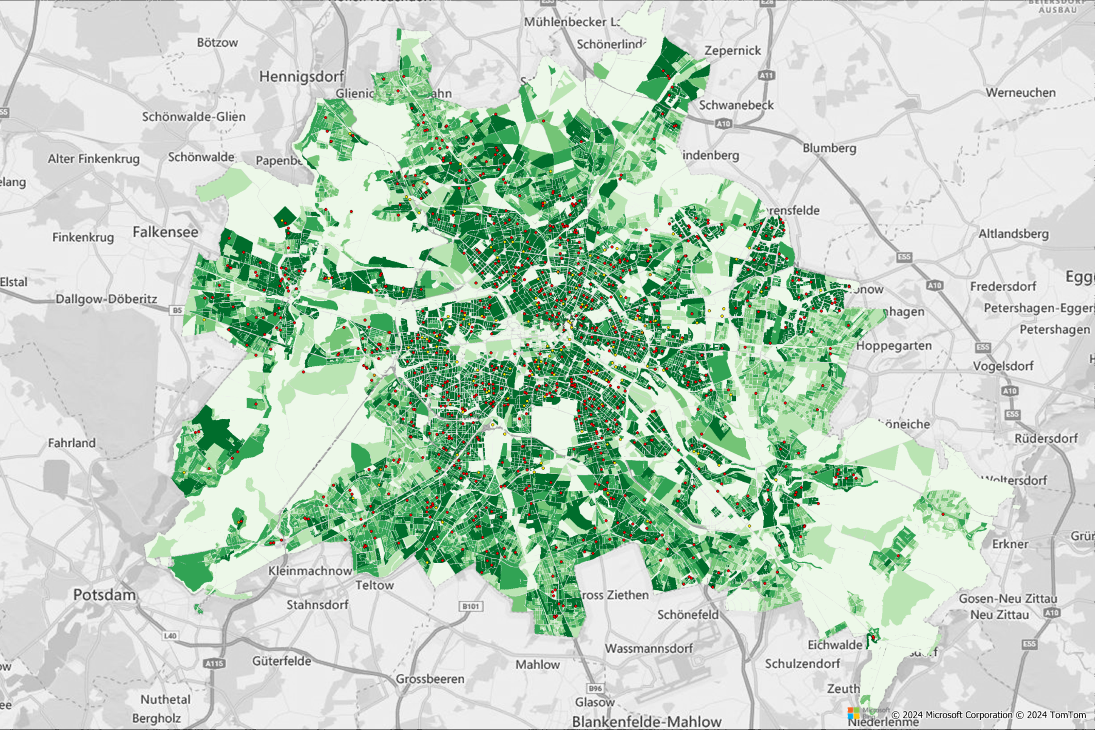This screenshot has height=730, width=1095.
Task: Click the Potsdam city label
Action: click(104, 595)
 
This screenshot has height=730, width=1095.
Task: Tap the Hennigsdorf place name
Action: click(301, 77)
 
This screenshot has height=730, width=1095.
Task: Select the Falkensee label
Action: click(165, 232)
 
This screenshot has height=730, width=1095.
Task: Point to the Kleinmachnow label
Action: click(310, 571)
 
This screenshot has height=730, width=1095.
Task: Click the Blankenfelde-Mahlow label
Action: click(646, 722)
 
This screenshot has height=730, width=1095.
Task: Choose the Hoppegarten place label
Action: click(894, 346)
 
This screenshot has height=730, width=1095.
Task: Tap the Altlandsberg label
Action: click(1013, 234)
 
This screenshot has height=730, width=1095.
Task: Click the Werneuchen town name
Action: click(1020, 93)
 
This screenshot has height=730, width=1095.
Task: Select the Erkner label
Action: click(1010, 544)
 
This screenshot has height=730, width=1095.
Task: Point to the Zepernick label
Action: click(732, 50)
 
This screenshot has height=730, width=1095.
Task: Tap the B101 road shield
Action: click(470, 606)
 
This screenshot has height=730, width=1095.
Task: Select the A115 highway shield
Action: click(214, 663)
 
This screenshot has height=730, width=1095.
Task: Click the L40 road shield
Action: click(170, 636)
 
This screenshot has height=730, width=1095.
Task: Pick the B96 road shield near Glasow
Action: click(595, 688)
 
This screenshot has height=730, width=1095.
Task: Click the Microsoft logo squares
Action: click(853, 714)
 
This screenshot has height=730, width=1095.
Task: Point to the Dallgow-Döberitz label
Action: click(106, 299)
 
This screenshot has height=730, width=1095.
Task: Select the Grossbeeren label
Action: click(430, 679)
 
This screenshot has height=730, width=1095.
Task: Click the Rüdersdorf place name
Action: click(1046, 438)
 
